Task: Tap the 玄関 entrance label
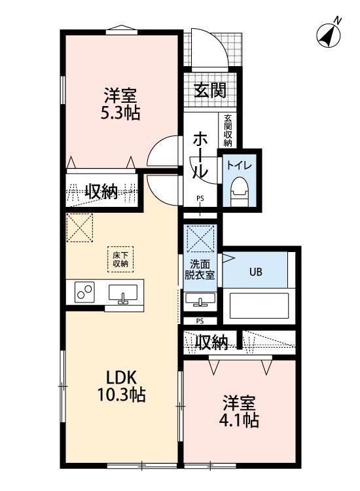(209, 90)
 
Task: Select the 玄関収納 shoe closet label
(228, 130)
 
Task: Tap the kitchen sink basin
(123, 295)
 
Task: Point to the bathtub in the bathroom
(258, 306)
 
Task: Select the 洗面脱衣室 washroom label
(201, 270)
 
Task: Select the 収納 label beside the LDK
(101, 192)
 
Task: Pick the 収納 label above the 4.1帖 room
(211, 342)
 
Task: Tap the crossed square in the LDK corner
(81, 228)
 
